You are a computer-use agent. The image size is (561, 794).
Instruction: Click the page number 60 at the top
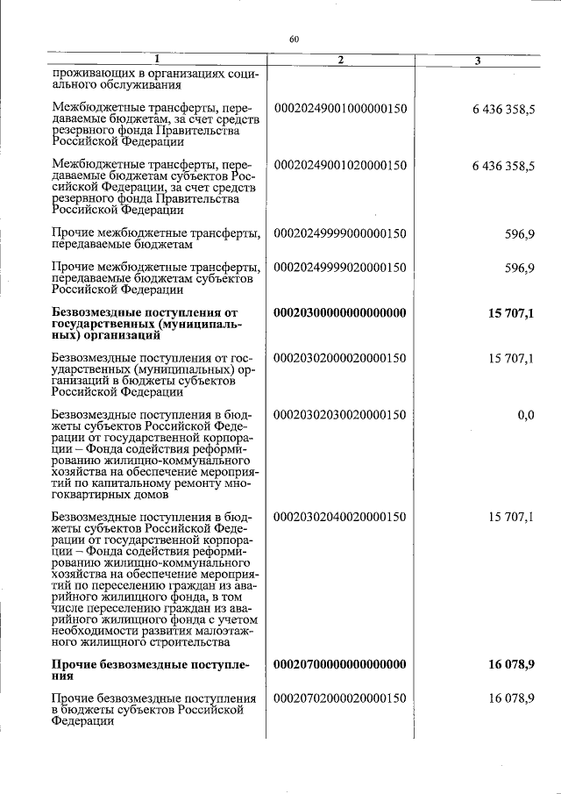[294, 39]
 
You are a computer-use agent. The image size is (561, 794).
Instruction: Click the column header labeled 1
[156, 60]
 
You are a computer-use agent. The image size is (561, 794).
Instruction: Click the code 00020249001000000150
[341, 109]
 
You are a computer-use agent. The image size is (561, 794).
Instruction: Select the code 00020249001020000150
[341, 165]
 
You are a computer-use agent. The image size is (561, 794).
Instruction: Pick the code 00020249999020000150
[341, 267]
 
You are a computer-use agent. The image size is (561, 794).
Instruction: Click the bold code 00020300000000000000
[341, 312]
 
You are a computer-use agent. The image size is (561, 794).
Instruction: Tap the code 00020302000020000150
[341, 358]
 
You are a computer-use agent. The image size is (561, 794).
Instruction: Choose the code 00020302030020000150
[341, 414]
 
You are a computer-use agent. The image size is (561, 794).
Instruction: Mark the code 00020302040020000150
[341, 518]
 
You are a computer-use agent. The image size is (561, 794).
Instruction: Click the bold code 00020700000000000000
[341, 665]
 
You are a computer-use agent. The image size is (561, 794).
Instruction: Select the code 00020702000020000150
[341, 698]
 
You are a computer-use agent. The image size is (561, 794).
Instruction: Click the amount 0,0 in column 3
[525, 414]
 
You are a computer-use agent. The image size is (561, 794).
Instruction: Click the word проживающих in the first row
[89, 75]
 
